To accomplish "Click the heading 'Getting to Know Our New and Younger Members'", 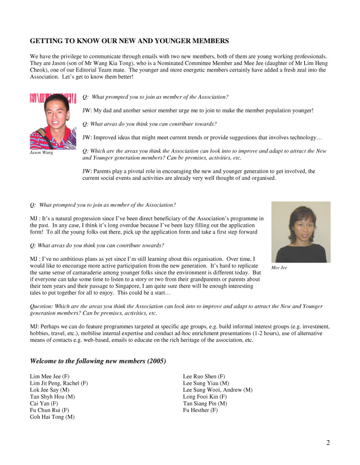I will click(x=129, y=41).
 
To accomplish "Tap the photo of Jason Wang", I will click(x=53, y=121).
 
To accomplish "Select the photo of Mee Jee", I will click(x=300, y=232).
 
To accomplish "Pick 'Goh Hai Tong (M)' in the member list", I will click(x=50, y=416).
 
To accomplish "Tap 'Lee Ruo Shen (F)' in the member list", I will click(x=204, y=376).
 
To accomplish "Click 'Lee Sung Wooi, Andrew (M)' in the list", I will click(x=217, y=390).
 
